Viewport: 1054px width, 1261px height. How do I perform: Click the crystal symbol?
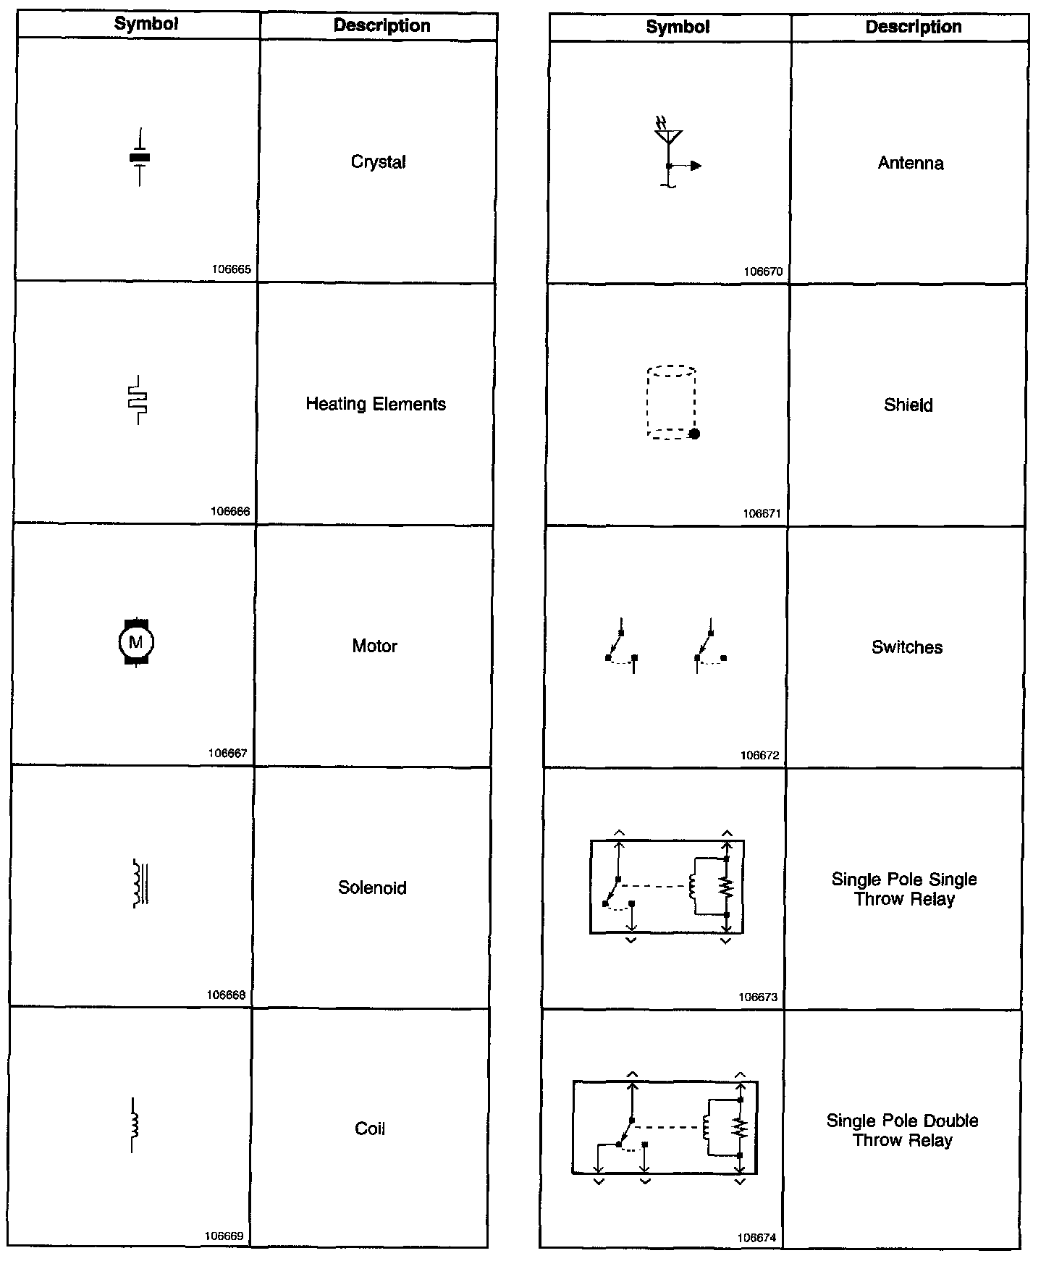pos(140,158)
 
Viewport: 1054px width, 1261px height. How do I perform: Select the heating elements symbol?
pos(138,400)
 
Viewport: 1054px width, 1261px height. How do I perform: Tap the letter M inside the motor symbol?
pos(135,641)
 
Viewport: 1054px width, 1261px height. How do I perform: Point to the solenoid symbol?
pos(140,883)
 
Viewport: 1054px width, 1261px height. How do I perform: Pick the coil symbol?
pos(134,1125)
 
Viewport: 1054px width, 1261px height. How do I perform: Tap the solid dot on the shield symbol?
pos(694,434)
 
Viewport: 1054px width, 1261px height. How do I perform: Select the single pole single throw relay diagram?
pos(667,887)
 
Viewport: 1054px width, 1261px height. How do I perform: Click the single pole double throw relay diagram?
pos(665,1127)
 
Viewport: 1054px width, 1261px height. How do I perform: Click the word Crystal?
pos(378,162)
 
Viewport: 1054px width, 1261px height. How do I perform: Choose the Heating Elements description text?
pos(376,404)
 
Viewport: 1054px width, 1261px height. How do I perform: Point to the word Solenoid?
pos(372,887)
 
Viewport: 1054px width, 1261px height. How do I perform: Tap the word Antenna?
pos(911,164)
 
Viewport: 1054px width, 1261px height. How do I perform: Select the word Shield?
pos(908,405)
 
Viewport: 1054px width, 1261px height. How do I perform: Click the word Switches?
pos(907,647)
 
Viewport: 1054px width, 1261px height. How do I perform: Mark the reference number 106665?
pos(232,269)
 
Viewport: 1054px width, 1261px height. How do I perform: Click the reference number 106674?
pos(757,1238)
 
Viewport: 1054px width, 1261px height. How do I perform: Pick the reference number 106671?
pos(762,514)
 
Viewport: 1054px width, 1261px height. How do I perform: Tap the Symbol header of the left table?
pos(146,24)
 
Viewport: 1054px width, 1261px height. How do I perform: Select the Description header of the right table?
pos(914,28)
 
